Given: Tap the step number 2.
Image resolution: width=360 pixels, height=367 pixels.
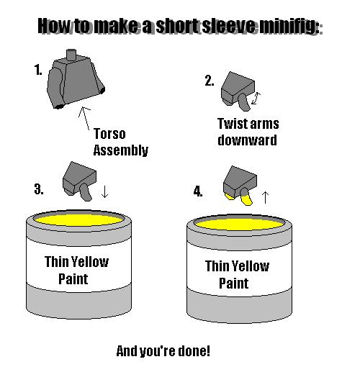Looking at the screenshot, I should pos(209,81).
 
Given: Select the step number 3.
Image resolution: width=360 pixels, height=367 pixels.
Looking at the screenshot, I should pos(38,190).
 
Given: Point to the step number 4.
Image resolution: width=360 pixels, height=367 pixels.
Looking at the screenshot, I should pos(197,191).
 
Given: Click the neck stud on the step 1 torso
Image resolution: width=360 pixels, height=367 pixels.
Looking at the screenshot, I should pos(71,55).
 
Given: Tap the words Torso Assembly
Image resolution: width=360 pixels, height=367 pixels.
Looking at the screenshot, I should pos(120,142).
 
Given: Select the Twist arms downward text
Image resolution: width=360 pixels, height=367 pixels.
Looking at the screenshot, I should pos(247,132).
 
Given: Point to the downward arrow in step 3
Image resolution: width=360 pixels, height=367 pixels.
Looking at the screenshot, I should pos(105,191).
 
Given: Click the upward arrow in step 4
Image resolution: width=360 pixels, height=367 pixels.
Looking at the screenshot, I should pos(264,195).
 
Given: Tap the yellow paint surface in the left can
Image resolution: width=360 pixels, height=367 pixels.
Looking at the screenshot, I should pos(78,217).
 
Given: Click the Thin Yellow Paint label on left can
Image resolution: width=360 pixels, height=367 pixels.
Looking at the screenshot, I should pos(76,269).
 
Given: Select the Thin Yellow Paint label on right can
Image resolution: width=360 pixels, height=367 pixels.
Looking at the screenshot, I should pos(237,274).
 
